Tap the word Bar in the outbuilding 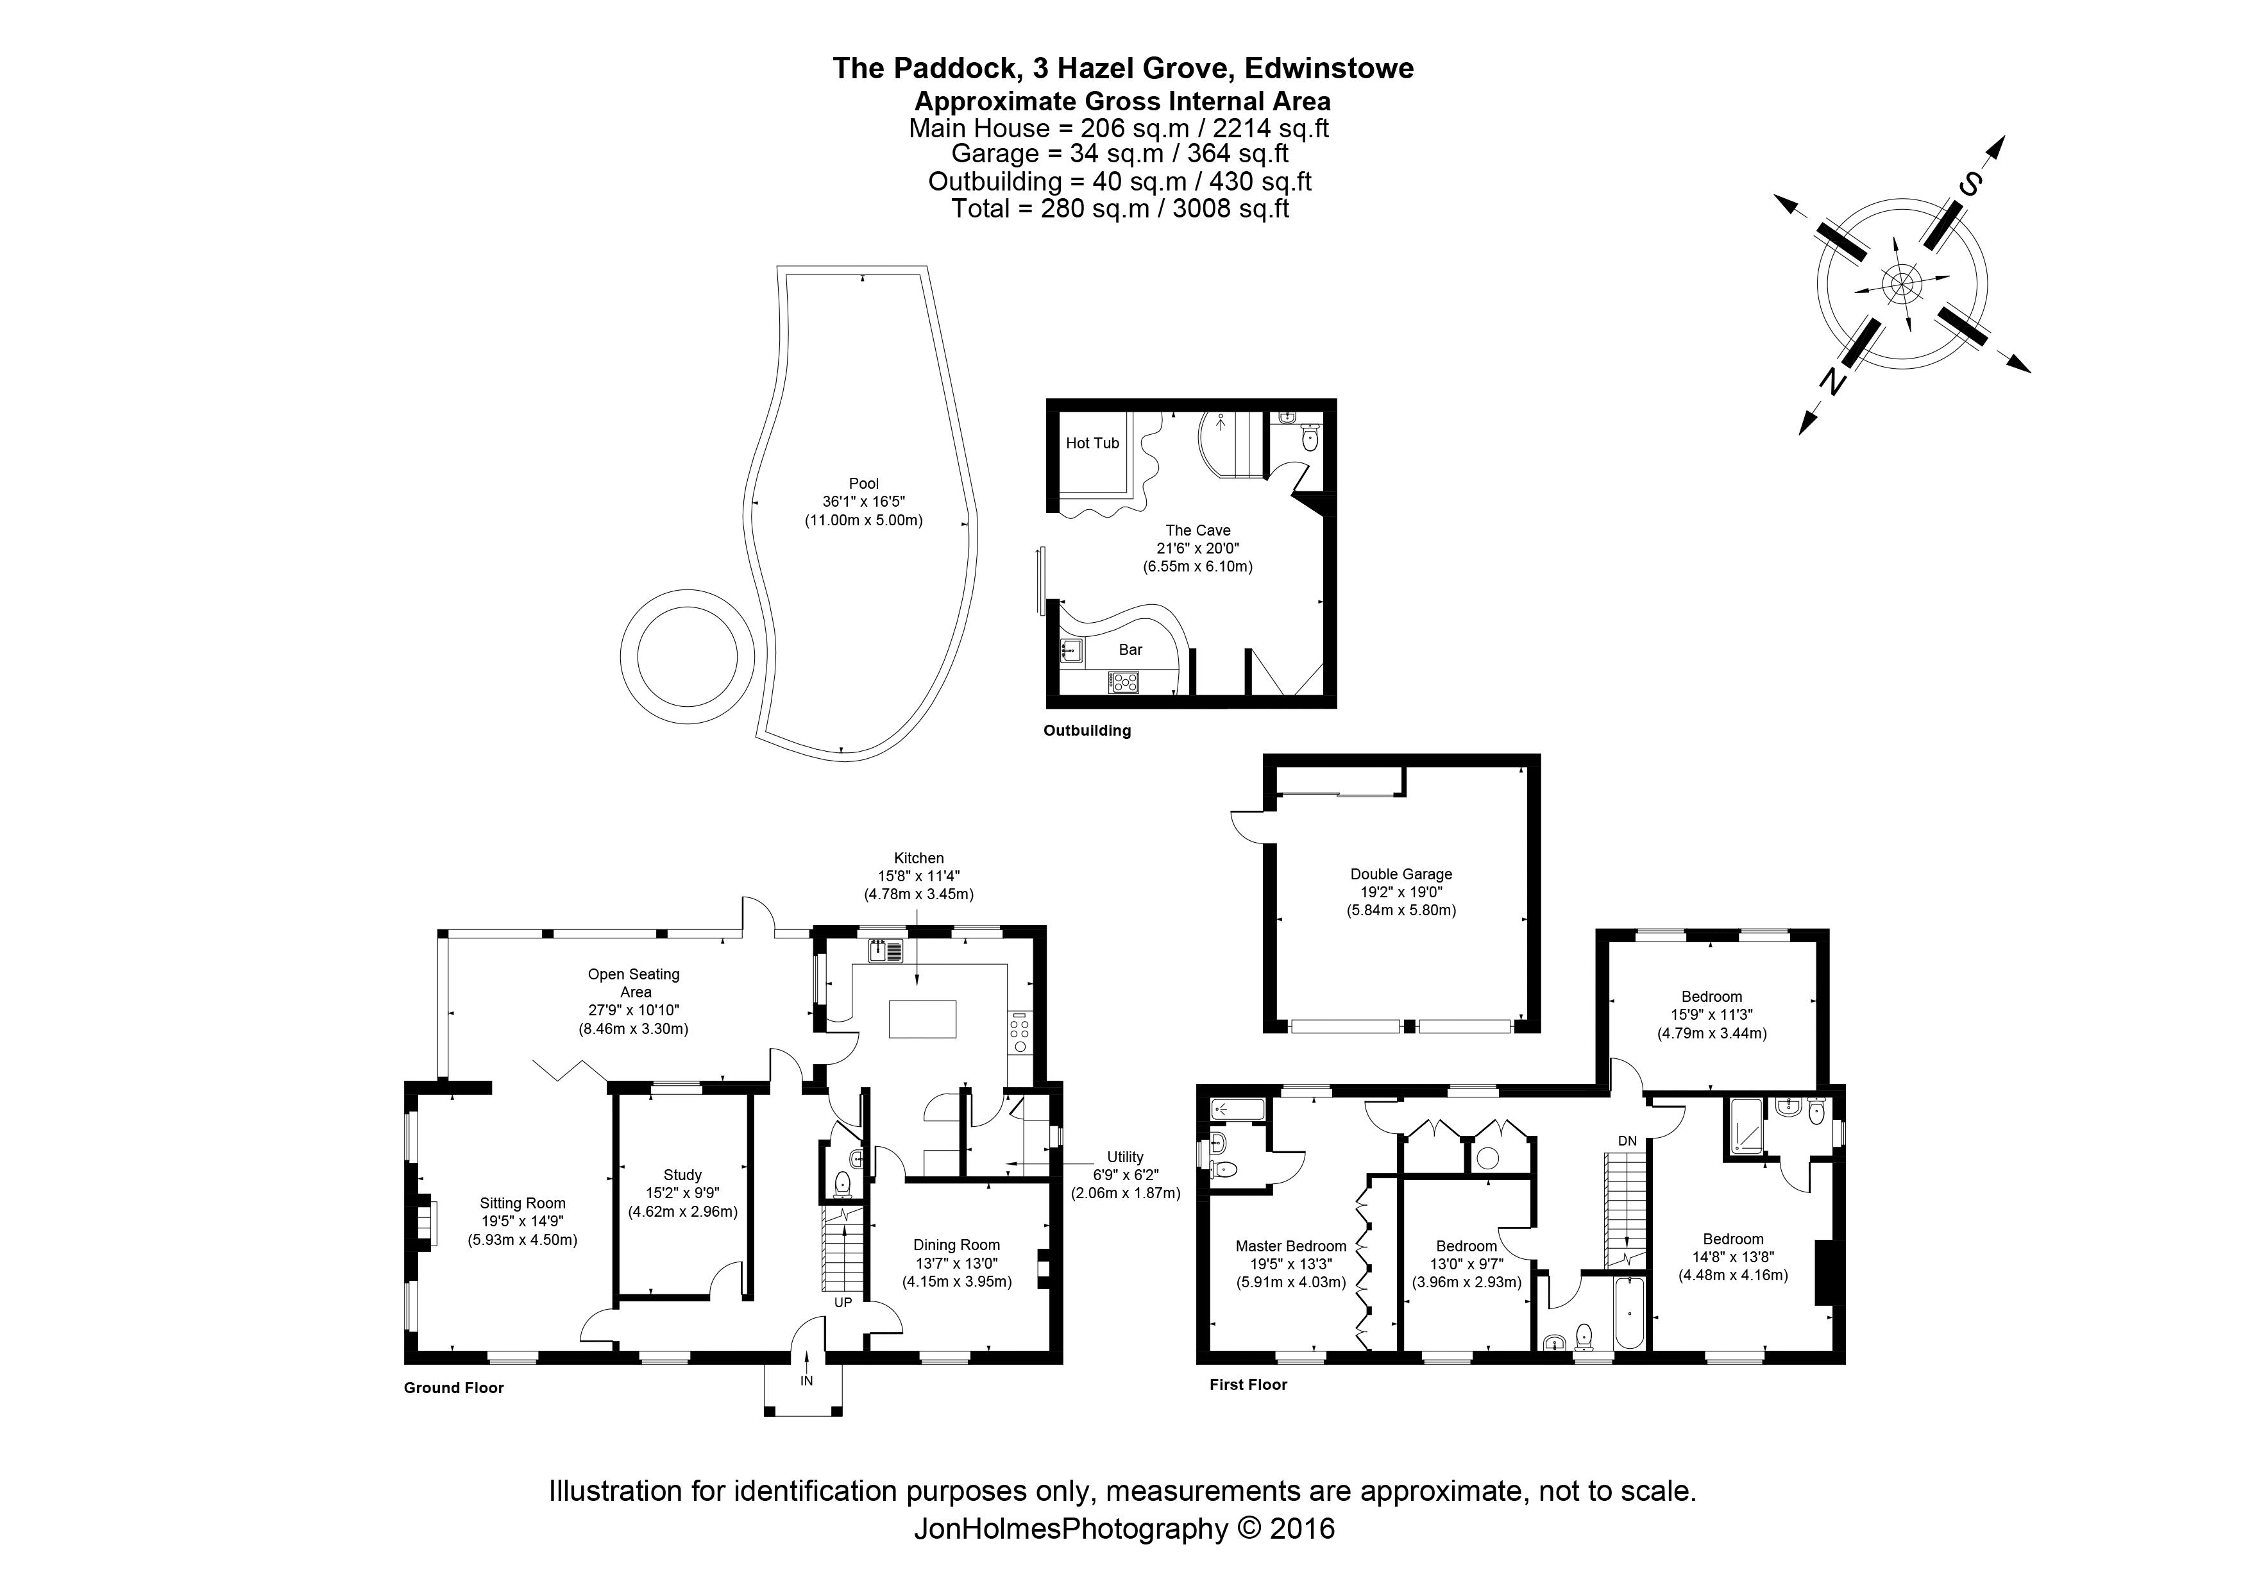(x=1130, y=650)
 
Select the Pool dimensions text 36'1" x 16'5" (x=863, y=502)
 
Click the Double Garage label (x=1401, y=875)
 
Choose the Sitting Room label (x=522, y=1203)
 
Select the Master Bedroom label (x=1290, y=1246)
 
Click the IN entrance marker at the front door (x=806, y=1382)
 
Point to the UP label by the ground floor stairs (x=843, y=1303)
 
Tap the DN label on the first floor (x=1627, y=1141)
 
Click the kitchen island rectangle (x=922, y=1019)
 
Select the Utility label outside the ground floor (x=1125, y=1157)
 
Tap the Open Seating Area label (x=634, y=983)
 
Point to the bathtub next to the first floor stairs (x=1628, y=1313)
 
